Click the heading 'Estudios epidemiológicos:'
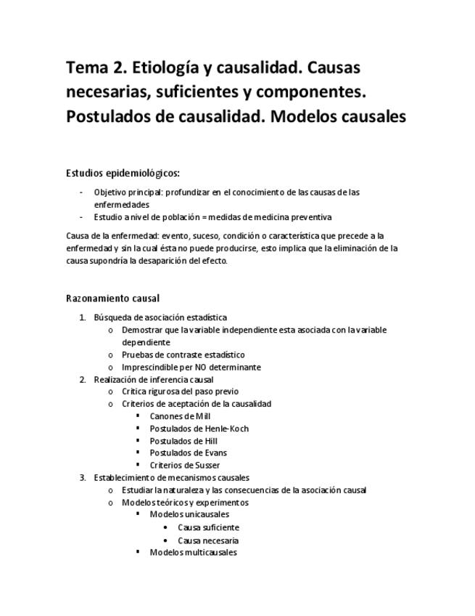123,173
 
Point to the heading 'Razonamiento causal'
112,299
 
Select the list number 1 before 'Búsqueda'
82,317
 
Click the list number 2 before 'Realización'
82,379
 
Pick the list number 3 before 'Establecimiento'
82,478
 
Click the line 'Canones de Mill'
180,416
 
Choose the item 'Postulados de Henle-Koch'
199,429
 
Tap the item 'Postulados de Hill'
183,441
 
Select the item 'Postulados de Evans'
188,453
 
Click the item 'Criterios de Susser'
184,466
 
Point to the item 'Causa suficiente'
208,527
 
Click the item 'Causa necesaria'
208,540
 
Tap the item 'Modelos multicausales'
193,553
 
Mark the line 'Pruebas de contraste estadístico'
183,354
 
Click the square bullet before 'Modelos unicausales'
138,514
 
